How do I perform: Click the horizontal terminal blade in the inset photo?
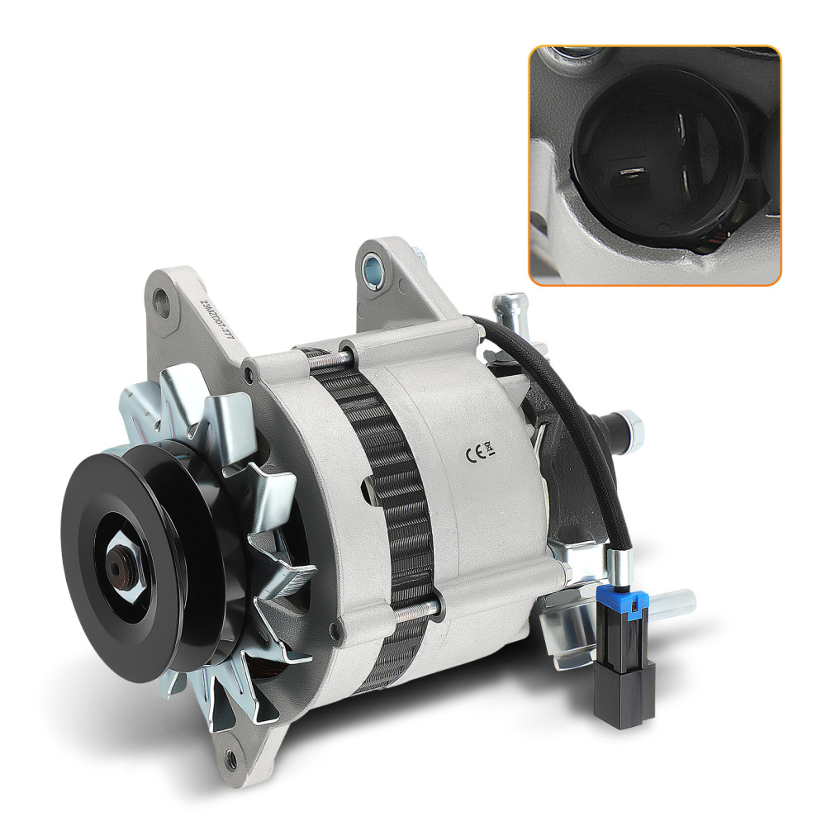point(631,173)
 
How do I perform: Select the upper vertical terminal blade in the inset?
point(680,126)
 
